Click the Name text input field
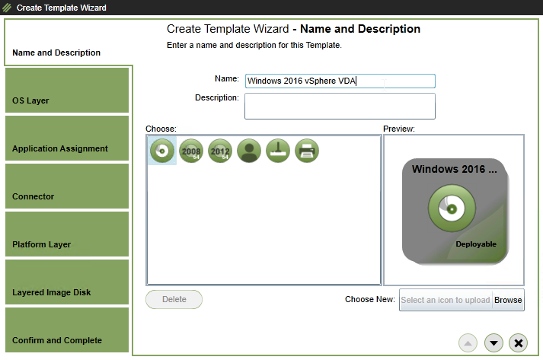[x=340, y=81]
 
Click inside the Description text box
[x=340, y=106]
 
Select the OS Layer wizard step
[x=67, y=90]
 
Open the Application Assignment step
[x=67, y=138]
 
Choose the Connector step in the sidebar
[x=67, y=186]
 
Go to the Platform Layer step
[x=67, y=234]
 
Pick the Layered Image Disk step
[x=67, y=282]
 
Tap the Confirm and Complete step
[x=67, y=330]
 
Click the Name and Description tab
[x=56, y=53]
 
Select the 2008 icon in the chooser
[x=191, y=151]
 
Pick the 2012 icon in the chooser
[x=220, y=151]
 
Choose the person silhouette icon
[x=249, y=151]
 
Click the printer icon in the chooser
[x=307, y=151]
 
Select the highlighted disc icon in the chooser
[x=162, y=151]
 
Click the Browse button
[x=508, y=300]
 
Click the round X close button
[x=519, y=343]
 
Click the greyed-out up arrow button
[x=468, y=343]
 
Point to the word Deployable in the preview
[x=476, y=244]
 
